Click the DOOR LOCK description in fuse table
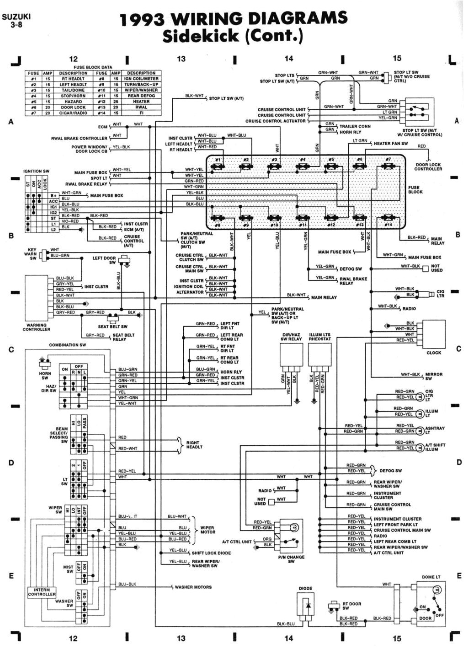pos(73,107)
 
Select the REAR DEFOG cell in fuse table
pos(141,96)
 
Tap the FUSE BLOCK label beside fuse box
pos(415,190)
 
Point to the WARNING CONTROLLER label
pos(37,327)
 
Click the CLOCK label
pos(434,353)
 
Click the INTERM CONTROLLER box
pos(42,592)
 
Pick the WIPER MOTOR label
pos(207,530)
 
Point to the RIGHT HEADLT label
pos(194,445)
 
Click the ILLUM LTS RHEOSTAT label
pos(319,337)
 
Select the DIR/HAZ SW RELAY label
pos(291,337)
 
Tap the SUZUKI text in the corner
pos(16,17)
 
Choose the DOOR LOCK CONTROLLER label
pos(428,167)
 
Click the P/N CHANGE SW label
pos(291,559)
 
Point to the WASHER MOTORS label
pos(193,587)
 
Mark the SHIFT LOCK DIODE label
pos(211,553)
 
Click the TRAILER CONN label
pos(355,126)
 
